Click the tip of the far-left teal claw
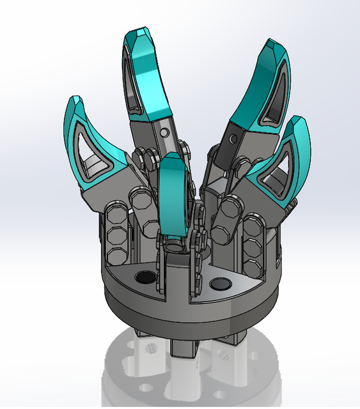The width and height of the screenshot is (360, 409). pos(74,100)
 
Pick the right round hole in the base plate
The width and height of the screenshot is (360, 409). pos(221,282)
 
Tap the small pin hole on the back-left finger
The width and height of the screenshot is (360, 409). pos(165,132)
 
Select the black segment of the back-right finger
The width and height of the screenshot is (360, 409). pos(228,144)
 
